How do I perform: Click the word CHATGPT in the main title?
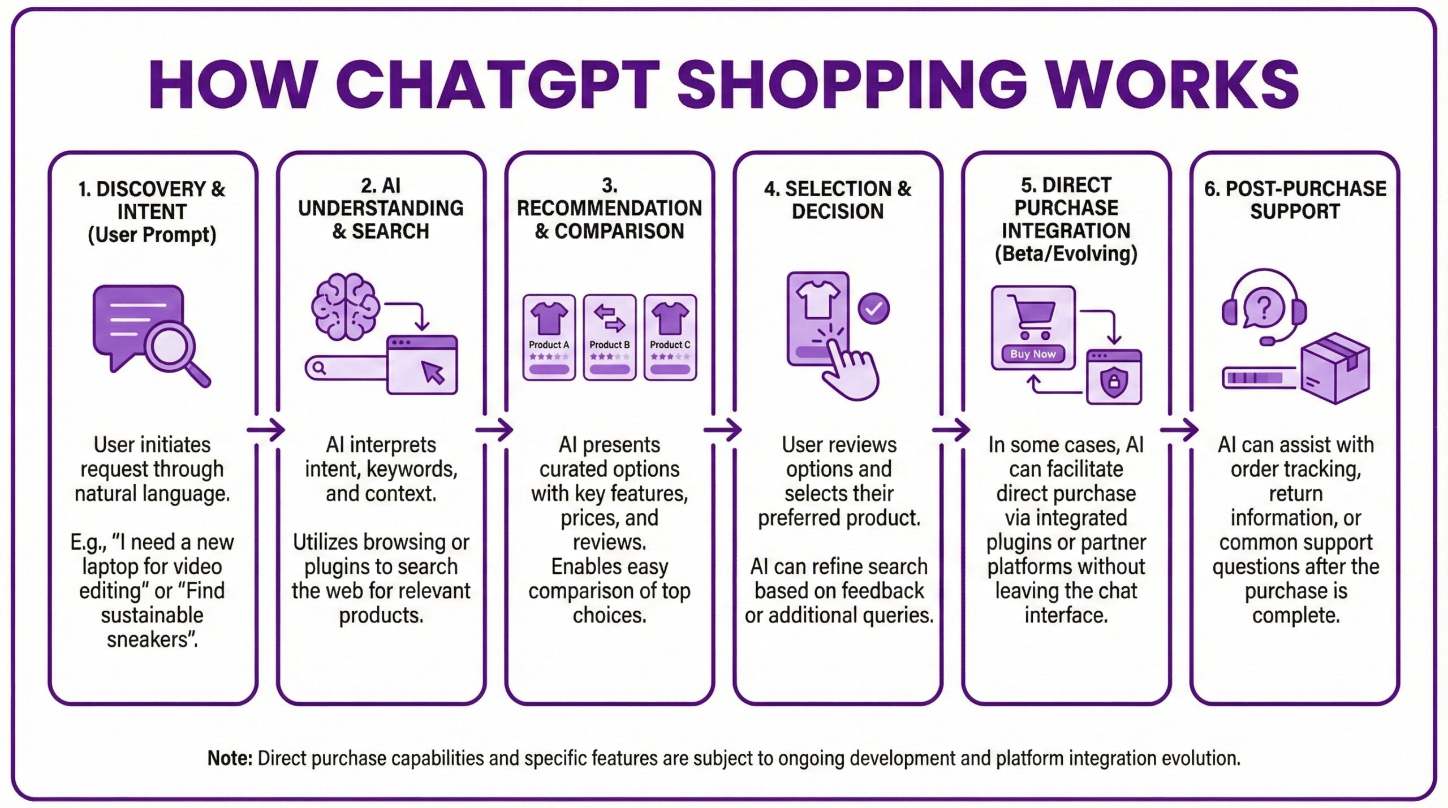(501, 85)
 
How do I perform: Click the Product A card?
(549, 337)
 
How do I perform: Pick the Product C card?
(670, 337)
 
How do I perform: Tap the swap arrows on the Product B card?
(609, 317)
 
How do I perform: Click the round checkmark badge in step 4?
(874, 308)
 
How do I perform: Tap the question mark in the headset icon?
(1264, 308)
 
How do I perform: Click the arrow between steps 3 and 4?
(723, 430)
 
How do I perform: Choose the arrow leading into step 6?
(1180, 430)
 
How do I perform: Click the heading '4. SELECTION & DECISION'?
(838, 200)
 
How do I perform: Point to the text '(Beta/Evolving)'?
(1066, 254)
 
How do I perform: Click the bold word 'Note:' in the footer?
(230, 758)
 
